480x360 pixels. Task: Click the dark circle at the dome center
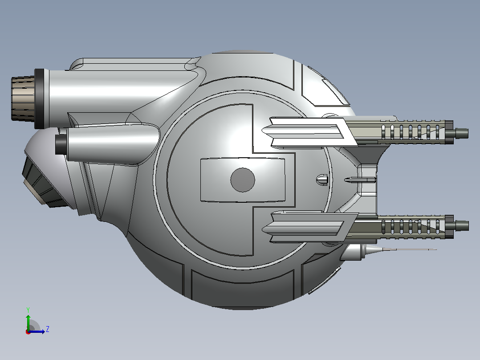pyautogui.click(x=242, y=180)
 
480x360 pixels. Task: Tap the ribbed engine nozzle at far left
pyautogui.click(x=23, y=98)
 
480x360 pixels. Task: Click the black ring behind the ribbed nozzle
pyautogui.click(x=39, y=98)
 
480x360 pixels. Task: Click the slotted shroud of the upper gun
pyautogui.click(x=412, y=132)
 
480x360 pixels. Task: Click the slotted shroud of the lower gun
pyautogui.click(x=412, y=227)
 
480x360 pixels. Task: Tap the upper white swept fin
pyautogui.click(x=309, y=132)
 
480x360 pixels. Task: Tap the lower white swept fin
pyautogui.click(x=309, y=227)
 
